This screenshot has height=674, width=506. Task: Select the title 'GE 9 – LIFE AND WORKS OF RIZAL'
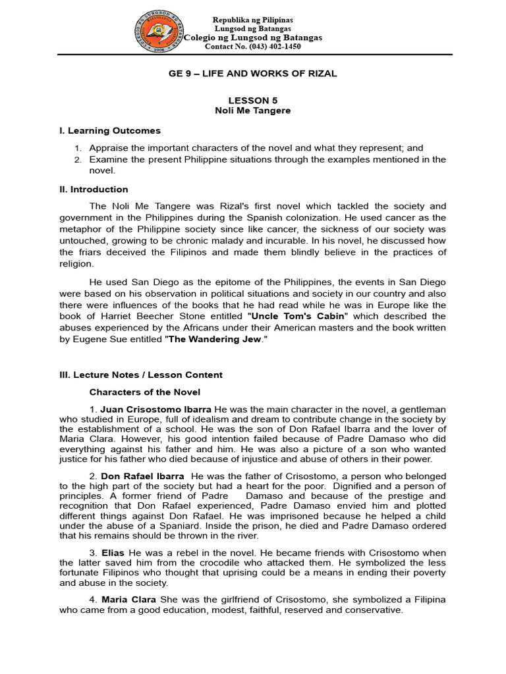point(252,74)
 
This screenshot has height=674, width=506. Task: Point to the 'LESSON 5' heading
point(252,101)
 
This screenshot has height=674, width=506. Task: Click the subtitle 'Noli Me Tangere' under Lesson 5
point(252,111)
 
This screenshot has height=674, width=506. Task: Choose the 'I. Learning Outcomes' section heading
point(110,130)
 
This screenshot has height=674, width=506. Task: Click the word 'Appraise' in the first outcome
point(109,148)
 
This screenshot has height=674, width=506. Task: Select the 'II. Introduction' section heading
point(94,190)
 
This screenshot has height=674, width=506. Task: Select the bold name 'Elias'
point(113,553)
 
